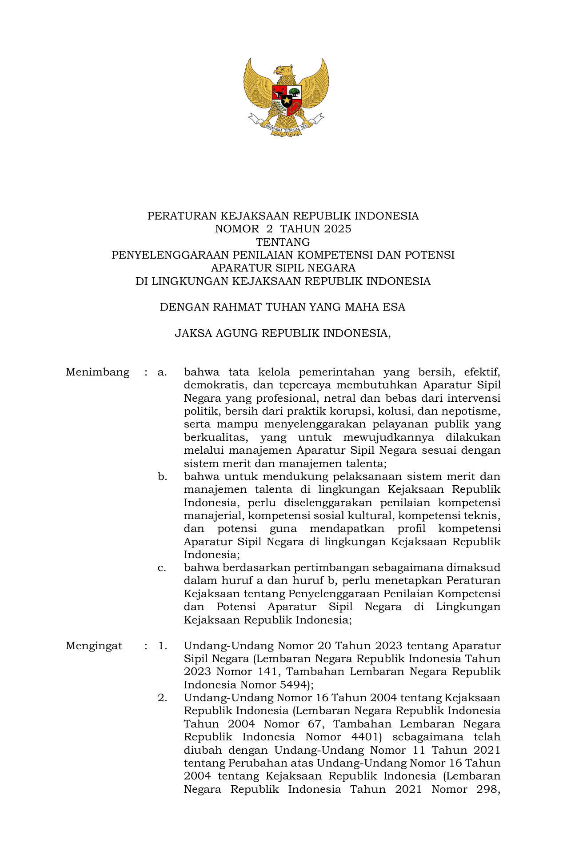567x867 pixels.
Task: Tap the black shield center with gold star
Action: coord(287,100)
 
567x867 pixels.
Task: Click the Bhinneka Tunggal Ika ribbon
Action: coord(286,126)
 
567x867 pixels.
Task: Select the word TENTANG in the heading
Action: coord(283,242)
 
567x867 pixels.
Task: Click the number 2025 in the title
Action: coord(338,229)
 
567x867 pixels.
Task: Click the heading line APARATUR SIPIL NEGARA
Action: coord(283,268)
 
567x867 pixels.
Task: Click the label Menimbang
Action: coord(98,372)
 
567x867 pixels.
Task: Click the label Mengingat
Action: coord(94,646)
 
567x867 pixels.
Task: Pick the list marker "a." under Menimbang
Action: coord(162,372)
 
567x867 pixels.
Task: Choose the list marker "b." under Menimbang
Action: coord(162,477)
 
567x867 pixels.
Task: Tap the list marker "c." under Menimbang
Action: coord(162,568)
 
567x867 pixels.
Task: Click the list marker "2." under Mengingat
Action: coord(162,698)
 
